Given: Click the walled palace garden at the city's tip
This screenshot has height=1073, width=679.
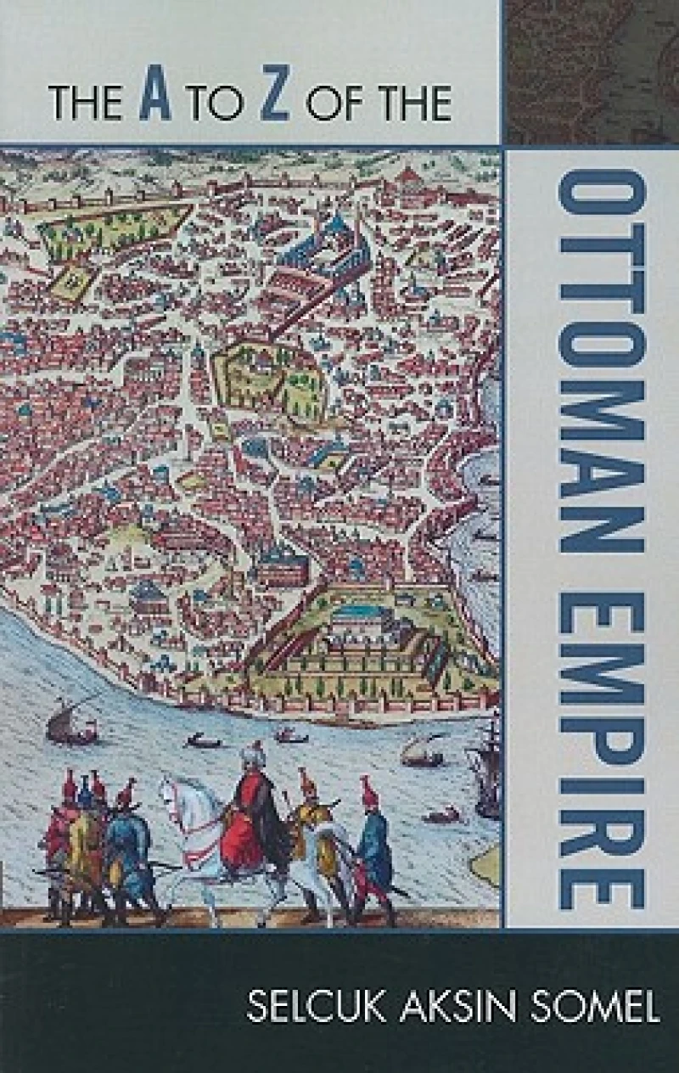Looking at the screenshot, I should click(365, 637).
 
